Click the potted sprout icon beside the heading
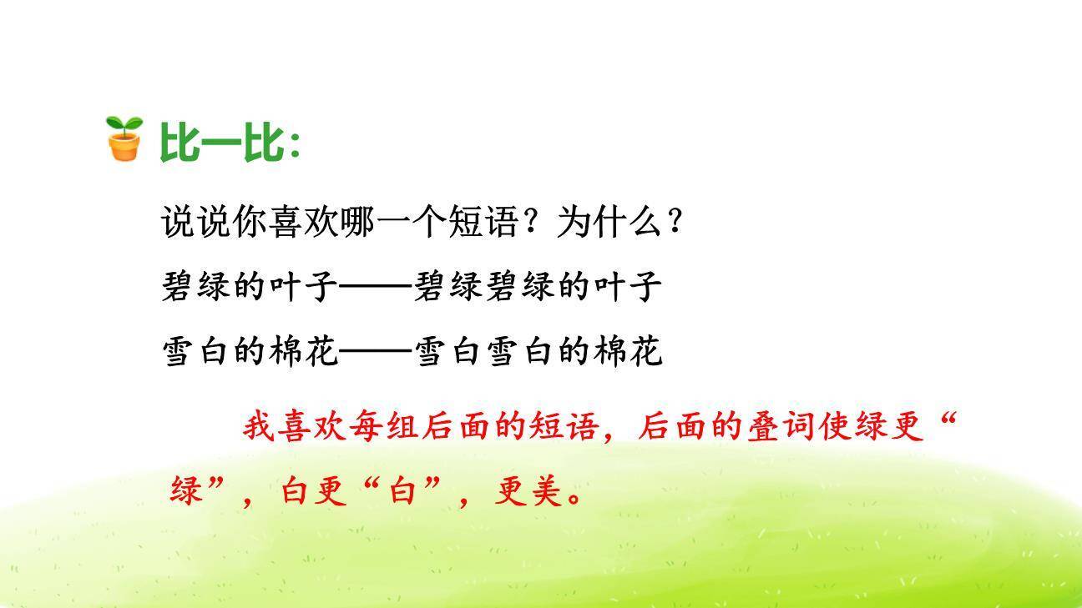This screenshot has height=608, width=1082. (124, 138)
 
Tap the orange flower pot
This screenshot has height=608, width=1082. (124, 147)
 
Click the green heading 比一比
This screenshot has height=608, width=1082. (222, 142)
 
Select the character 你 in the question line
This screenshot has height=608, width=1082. (250, 222)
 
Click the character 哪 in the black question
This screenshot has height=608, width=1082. (357, 222)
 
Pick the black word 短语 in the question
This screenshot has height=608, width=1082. (483, 222)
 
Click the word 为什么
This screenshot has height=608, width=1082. (609, 222)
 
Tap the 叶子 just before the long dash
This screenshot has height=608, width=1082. (303, 287)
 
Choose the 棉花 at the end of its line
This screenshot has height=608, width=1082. (628, 351)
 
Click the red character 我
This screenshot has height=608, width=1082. (260, 426)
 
